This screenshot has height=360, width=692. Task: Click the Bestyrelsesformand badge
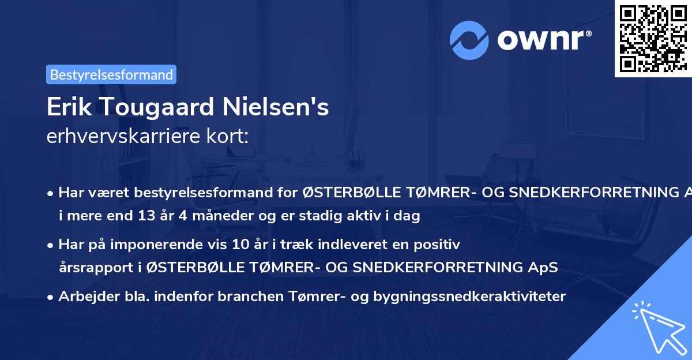click(111, 74)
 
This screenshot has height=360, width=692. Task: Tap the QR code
click(652, 37)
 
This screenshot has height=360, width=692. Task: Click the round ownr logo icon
click(469, 40)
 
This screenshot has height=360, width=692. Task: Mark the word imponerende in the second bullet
click(179, 245)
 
